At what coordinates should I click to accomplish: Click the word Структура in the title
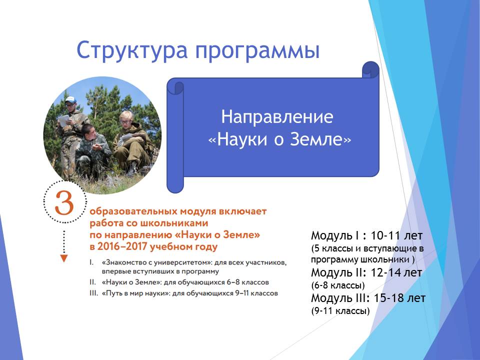[131, 50]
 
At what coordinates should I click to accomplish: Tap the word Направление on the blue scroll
[277, 117]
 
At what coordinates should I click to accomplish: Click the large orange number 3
[64, 203]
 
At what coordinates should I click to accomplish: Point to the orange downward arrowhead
[63, 258]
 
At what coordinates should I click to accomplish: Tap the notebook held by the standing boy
[64, 120]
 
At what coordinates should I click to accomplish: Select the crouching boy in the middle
[91, 150]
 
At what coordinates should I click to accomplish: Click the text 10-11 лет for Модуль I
[396, 235]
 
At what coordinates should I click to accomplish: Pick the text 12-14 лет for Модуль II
[396, 272]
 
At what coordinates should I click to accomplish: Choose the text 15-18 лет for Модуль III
[399, 298]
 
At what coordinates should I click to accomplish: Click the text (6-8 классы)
[338, 285]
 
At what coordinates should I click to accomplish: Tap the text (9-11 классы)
[340, 311]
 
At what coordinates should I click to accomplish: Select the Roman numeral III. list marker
[93, 293]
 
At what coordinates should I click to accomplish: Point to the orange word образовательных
[133, 211]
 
